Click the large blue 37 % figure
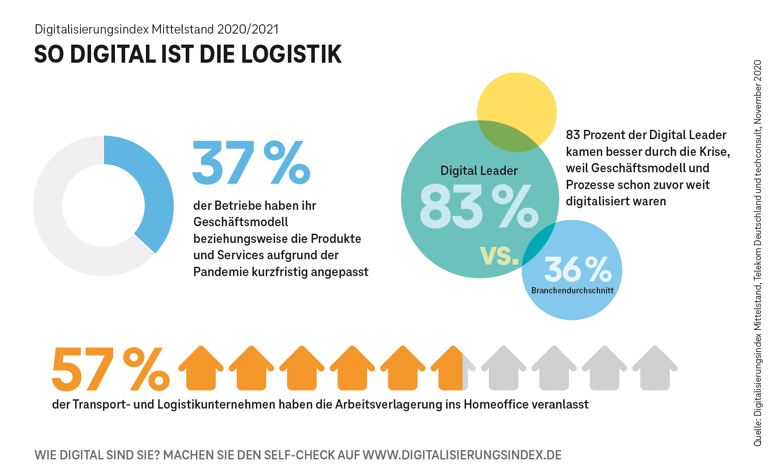(x=251, y=163)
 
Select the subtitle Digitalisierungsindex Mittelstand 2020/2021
(x=157, y=29)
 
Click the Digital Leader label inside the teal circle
(x=479, y=171)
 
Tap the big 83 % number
(x=478, y=207)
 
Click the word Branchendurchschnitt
(x=572, y=291)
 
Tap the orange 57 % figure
(x=111, y=369)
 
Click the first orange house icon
(x=201, y=368)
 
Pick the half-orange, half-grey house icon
(x=453, y=368)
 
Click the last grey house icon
(x=655, y=368)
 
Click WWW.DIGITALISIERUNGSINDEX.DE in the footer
(x=462, y=455)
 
